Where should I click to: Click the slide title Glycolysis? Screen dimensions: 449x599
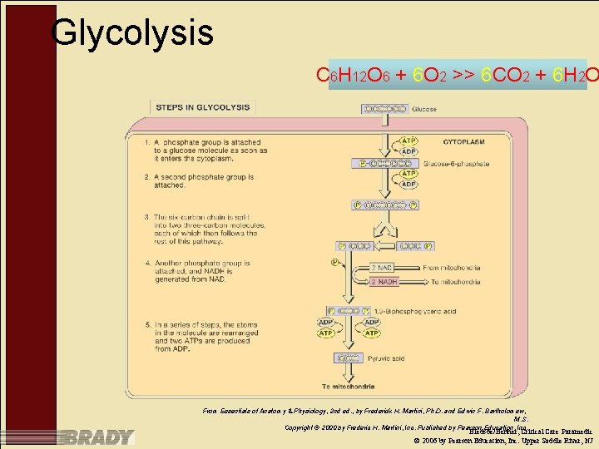(132, 33)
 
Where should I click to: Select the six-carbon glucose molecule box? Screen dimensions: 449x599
(384, 109)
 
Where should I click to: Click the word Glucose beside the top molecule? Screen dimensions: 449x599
(423, 110)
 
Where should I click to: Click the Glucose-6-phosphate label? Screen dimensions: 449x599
(456, 164)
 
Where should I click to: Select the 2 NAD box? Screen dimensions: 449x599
(384, 268)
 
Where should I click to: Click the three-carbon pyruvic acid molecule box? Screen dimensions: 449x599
(350, 358)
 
